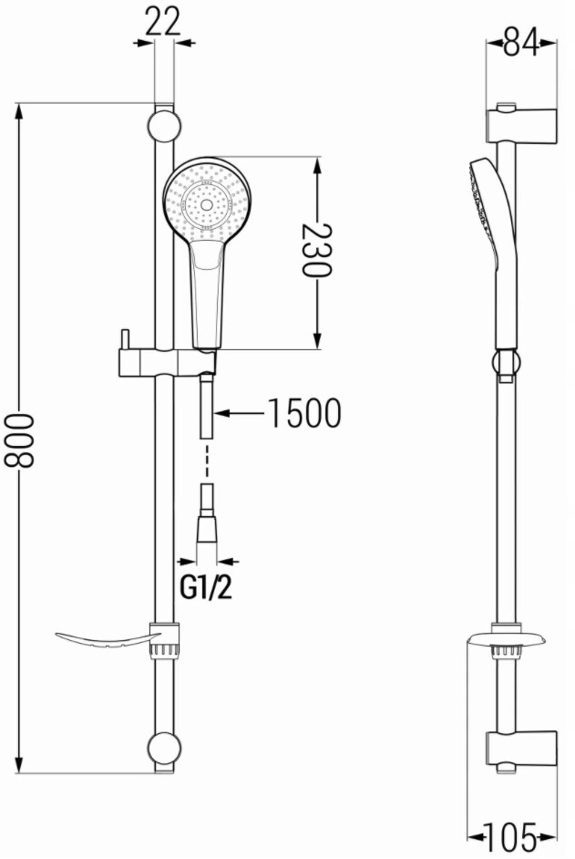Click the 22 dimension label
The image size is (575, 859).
[164, 23]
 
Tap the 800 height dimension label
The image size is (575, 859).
[20, 440]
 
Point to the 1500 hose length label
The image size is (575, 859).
[305, 413]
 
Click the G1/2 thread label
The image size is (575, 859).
[207, 588]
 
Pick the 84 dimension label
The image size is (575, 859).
[521, 42]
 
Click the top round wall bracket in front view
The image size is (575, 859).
[164, 127]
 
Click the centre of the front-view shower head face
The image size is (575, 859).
[207, 205]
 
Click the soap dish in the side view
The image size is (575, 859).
[504, 639]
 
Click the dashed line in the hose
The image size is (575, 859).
[207, 461]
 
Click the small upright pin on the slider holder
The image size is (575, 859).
[126, 341]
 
